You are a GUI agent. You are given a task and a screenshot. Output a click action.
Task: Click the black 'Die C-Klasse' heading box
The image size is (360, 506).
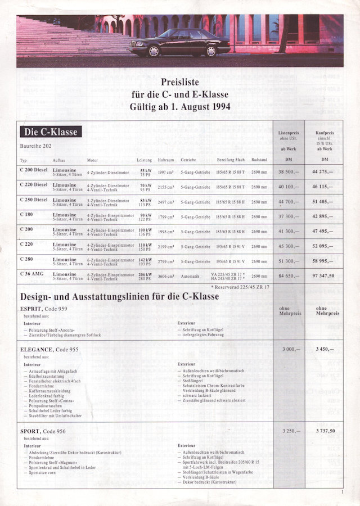point(51,132)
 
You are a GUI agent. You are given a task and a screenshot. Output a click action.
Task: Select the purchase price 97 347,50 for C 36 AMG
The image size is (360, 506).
point(324,275)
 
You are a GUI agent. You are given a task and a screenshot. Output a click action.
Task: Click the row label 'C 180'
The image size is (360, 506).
point(26,214)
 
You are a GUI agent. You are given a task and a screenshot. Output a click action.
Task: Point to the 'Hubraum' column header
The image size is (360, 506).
point(165,160)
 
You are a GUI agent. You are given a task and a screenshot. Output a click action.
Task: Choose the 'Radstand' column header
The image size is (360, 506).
point(259,160)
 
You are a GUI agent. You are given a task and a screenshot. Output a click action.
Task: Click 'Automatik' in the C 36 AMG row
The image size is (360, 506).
point(190,276)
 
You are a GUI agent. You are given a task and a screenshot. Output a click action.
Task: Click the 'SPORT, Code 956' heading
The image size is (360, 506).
point(42,431)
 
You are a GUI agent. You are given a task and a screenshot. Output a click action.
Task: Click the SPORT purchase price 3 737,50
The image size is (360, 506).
point(324,431)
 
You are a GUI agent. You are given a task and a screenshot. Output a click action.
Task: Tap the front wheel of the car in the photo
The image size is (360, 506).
point(154,51)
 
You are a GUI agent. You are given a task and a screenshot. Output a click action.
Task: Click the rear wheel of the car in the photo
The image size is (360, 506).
point(210,51)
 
